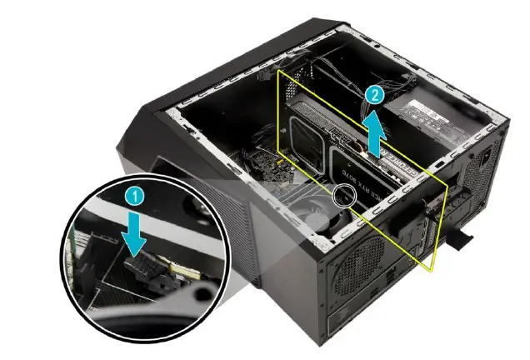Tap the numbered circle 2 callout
coord(375,94)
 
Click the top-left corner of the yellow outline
coord(278,70)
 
